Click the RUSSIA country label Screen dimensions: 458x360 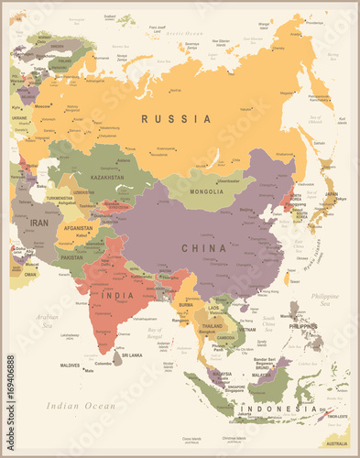tap(176, 118)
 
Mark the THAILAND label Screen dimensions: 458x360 tap(213, 326)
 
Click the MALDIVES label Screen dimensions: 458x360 tap(70, 365)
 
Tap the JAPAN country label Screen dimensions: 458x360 tap(331, 194)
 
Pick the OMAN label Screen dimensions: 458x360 tap(31, 274)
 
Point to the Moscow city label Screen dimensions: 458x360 tap(40, 106)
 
